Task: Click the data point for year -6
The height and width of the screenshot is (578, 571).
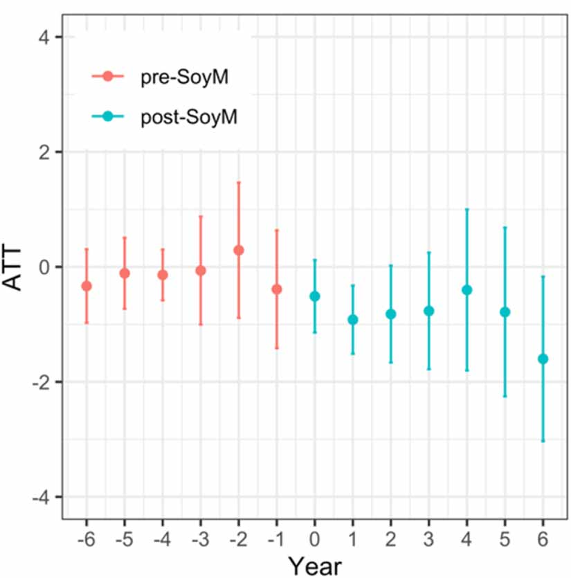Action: [87, 286]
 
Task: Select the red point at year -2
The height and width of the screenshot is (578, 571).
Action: [239, 250]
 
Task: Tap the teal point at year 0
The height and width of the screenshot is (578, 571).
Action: [315, 296]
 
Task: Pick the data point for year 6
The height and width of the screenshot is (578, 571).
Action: [543, 359]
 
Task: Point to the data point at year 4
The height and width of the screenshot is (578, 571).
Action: [466, 289]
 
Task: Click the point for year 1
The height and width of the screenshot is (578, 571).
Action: [353, 319]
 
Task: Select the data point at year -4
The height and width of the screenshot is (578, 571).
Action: [163, 275]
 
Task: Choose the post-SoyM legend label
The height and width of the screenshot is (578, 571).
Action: [189, 118]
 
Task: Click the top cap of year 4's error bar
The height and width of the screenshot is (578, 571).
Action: [466, 208]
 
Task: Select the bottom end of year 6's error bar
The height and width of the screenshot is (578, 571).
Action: [543, 440]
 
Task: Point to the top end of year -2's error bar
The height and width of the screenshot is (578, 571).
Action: [239, 182]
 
